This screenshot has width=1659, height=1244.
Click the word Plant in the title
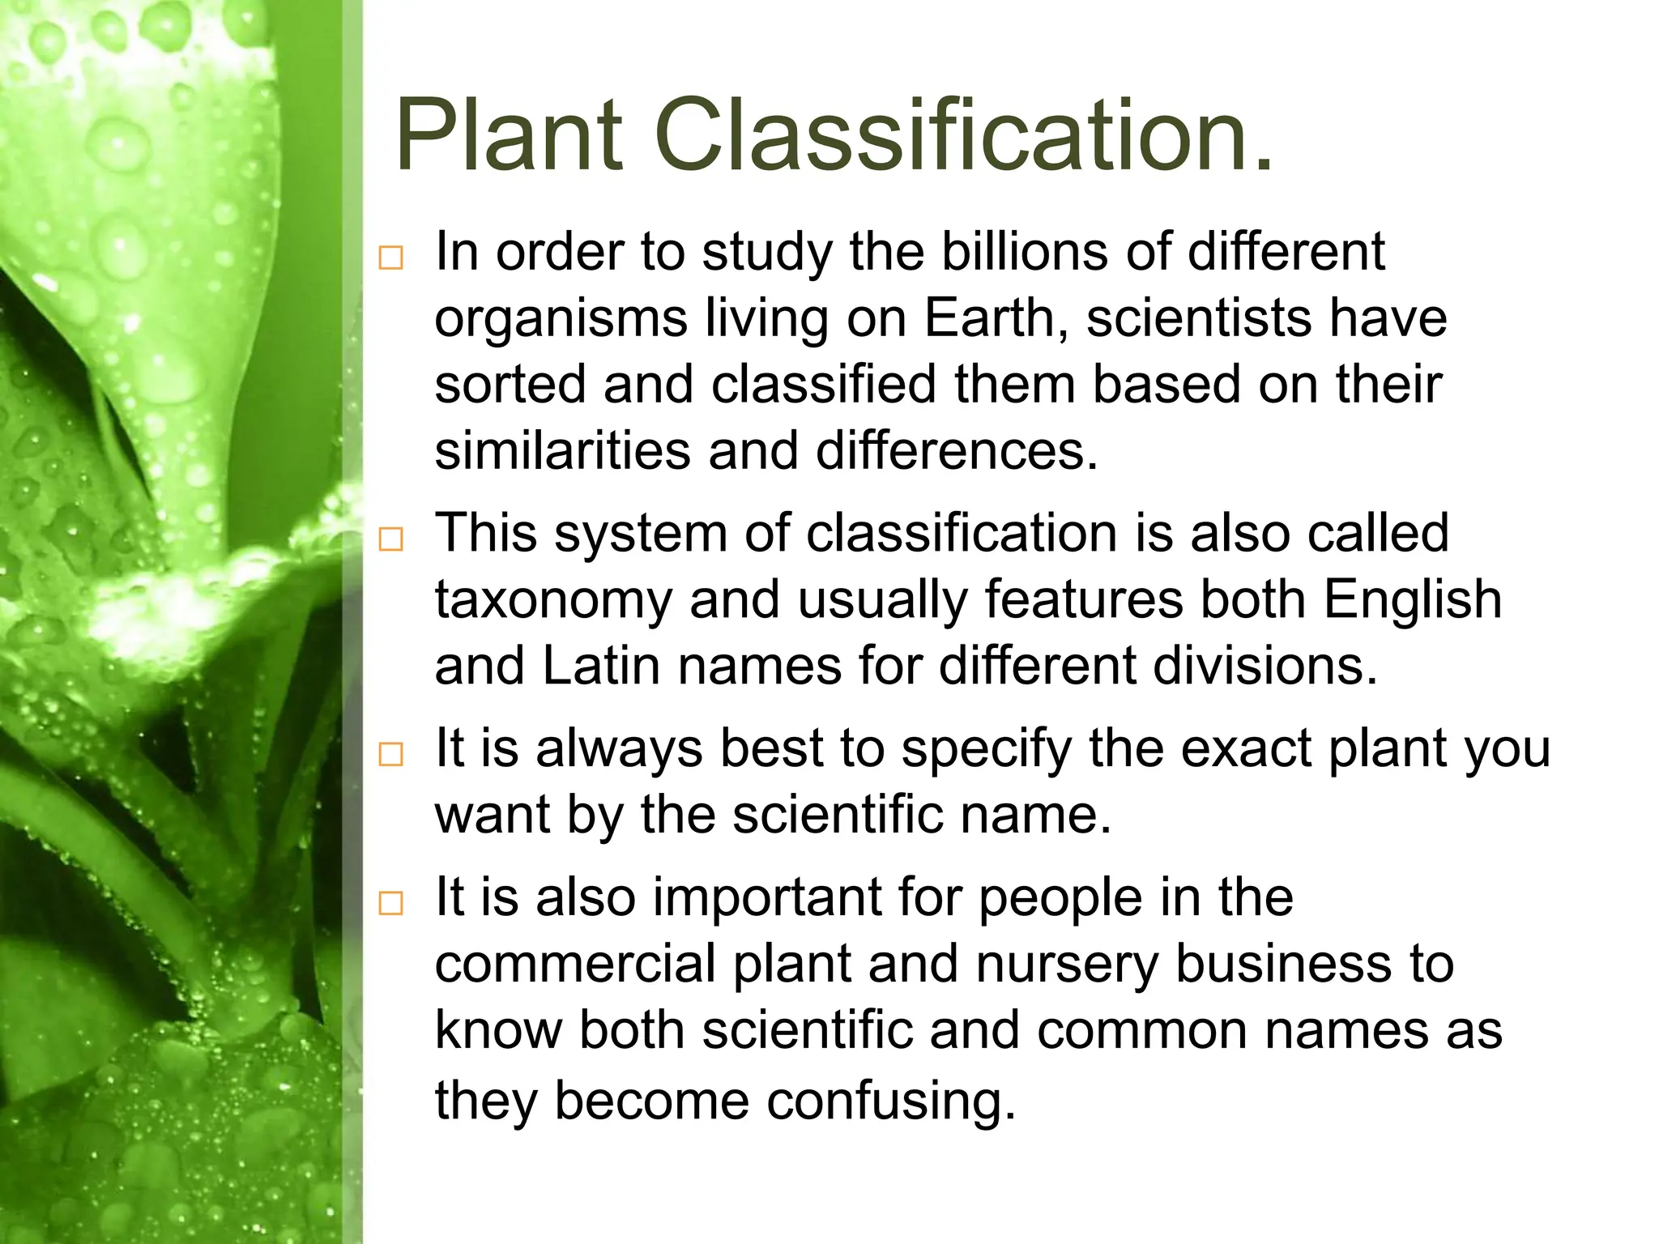509,135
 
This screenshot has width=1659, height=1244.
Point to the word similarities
562,450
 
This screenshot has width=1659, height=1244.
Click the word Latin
600,666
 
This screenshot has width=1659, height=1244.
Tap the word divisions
1264,666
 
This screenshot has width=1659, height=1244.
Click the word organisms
561,320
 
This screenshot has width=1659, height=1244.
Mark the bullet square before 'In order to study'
390,258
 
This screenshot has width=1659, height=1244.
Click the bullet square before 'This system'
390,539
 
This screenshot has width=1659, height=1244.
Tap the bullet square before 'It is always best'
390,754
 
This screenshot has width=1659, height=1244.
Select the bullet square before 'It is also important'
390,903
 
